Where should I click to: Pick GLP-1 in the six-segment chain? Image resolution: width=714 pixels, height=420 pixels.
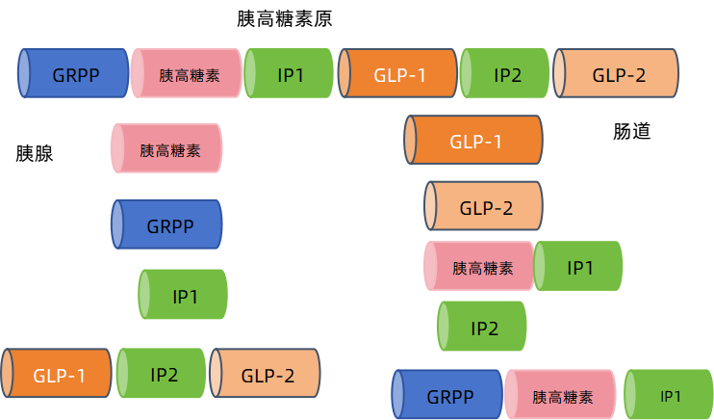pyautogui.click(x=398, y=74)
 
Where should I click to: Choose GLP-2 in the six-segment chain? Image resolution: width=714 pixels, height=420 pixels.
pyautogui.click(x=617, y=74)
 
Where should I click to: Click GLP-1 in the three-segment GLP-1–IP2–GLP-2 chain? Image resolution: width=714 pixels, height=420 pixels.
pyautogui.click(x=58, y=375)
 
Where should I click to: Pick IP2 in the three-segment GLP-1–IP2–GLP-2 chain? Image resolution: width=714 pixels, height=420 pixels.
pyautogui.click(x=162, y=375)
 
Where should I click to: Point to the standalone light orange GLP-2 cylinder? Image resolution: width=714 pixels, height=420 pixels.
pyautogui.click(x=484, y=206)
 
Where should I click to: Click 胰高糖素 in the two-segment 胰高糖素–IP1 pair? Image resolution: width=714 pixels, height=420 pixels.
pyautogui.click(x=479, y=267)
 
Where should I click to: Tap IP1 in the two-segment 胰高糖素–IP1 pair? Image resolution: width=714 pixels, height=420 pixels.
pyautogui.click(x=578, y=267)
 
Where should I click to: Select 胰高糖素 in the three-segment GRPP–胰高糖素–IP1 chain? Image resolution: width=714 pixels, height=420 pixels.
pyautogui.click(x=560, y=396)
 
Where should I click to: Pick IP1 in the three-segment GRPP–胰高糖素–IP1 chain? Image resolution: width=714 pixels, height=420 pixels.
pyautogui.click(x=669, y=396)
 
